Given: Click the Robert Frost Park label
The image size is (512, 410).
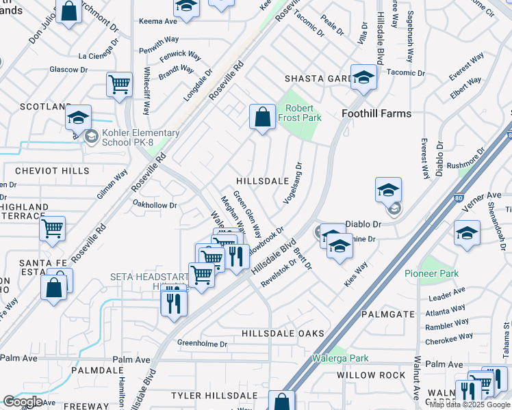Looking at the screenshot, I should (300, 113).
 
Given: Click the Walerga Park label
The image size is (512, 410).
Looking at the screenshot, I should (340, 358).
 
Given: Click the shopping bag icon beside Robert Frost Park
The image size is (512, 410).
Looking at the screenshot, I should (262, 117).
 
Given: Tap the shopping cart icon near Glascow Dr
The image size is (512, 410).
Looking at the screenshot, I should (119, 85).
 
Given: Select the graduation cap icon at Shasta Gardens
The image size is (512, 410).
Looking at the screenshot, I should (364, 78).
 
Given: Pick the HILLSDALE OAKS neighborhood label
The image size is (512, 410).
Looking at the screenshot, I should (283, 333).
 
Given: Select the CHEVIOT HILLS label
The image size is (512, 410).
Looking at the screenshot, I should (44, 170).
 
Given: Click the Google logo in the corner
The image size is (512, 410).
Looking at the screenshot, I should (23, 402).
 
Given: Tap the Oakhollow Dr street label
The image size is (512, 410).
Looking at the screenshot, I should (155, 204).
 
